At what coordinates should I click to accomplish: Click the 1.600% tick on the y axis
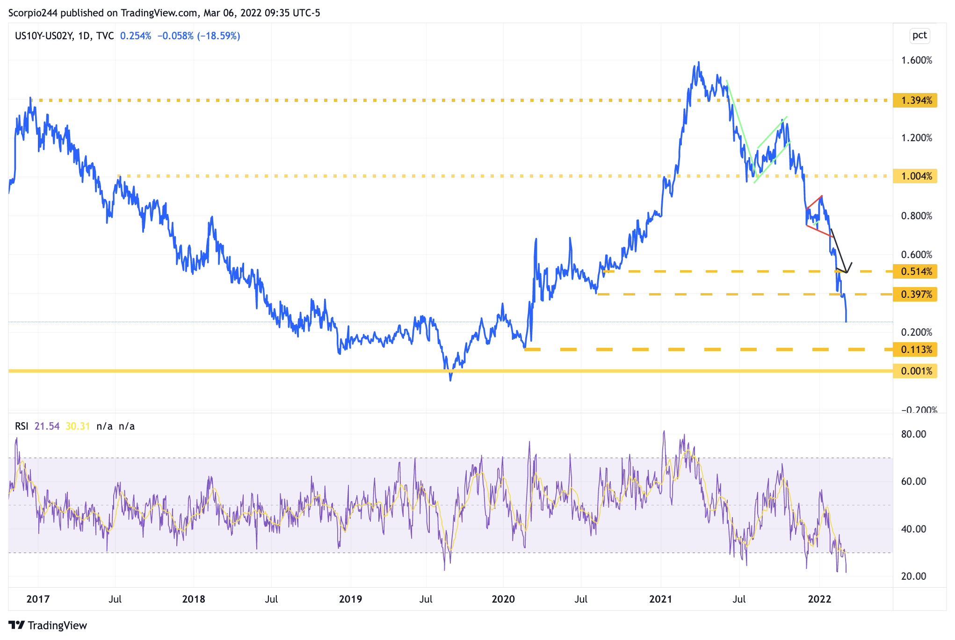coord(917,60)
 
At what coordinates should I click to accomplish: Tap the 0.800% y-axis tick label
coord(917,216)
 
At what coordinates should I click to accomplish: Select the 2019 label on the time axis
coord(350,599)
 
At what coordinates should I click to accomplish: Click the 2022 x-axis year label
coord(819,599)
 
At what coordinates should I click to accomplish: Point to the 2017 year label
coord(38,599)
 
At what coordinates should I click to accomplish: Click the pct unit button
coord(919,36)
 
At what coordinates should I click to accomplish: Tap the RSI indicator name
coord(22,426)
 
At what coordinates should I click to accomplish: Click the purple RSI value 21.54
coord(47,426)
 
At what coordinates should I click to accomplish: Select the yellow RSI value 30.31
coord(78,426)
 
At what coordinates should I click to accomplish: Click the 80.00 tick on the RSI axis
coord(913,434)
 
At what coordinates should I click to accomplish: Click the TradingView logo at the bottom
coord(48,626)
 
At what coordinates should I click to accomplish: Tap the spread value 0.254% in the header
coord(136,36)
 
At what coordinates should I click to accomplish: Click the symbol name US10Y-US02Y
coord(44,36)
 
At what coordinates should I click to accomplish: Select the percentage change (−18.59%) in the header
coord(218,36)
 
